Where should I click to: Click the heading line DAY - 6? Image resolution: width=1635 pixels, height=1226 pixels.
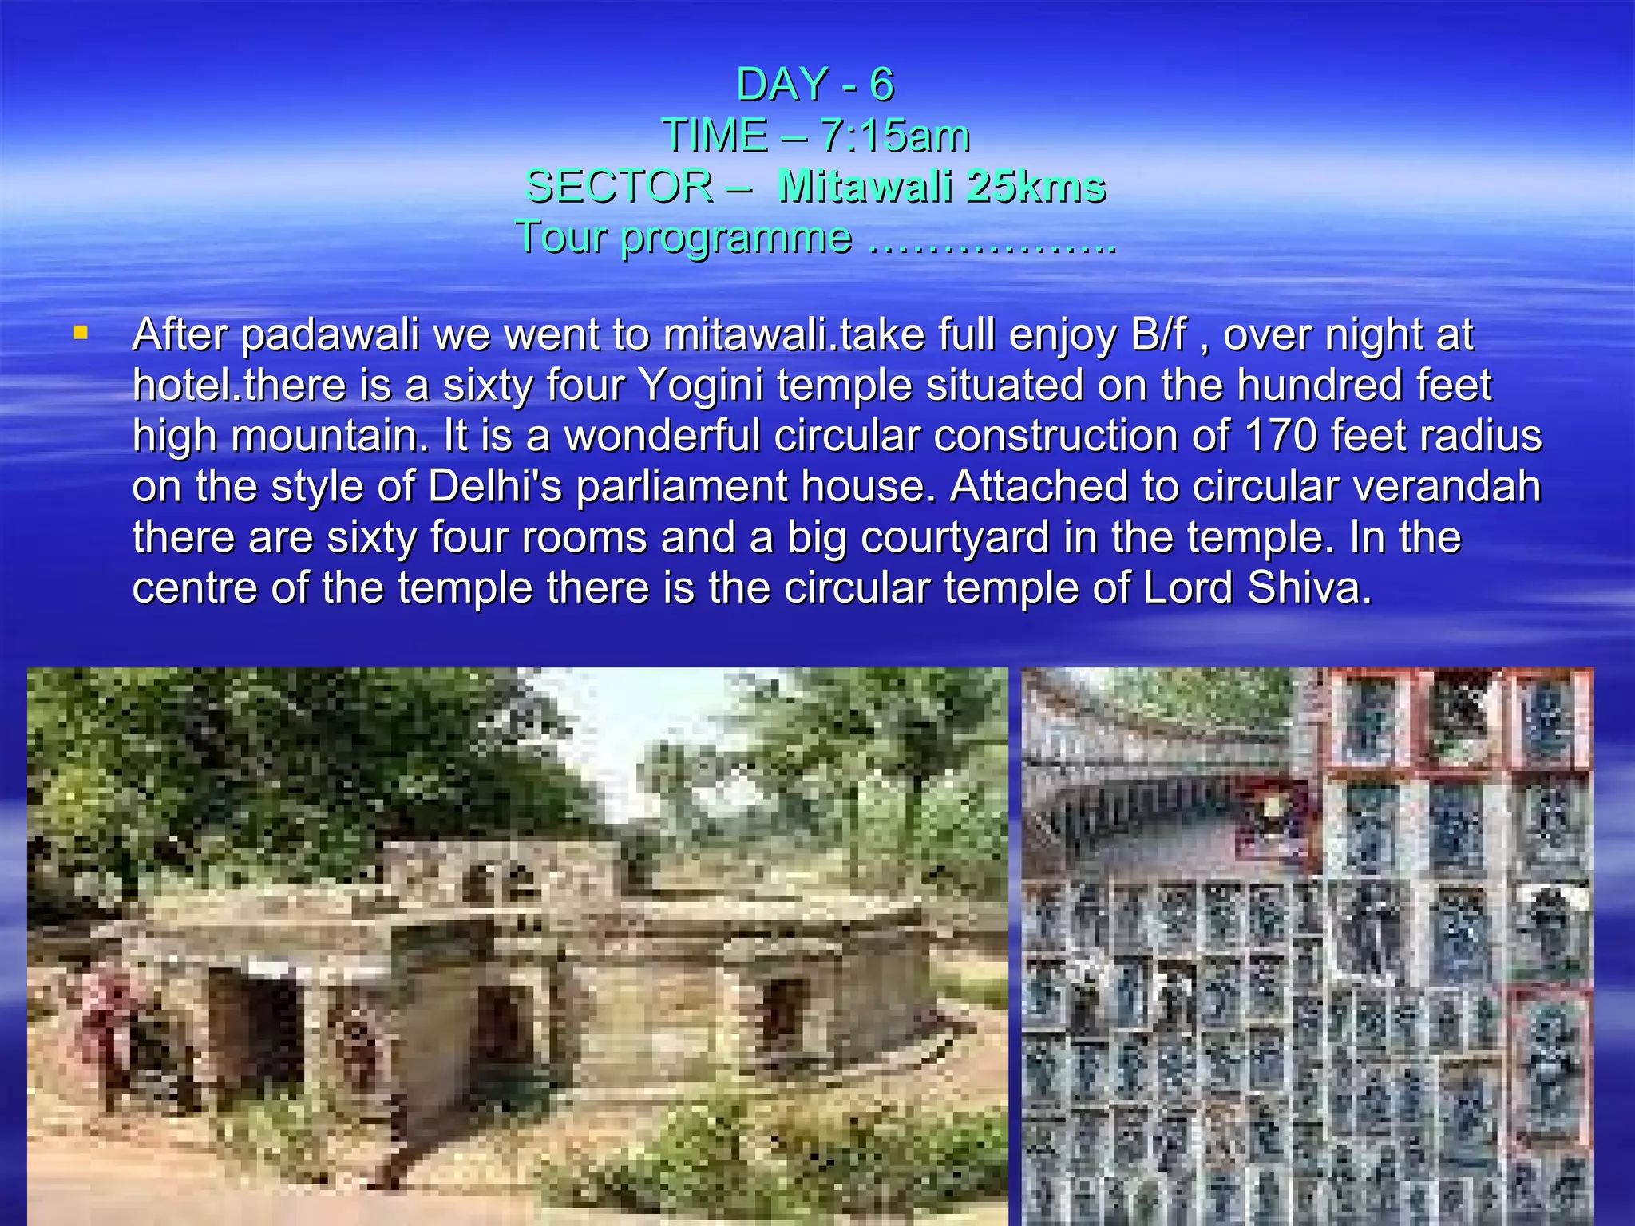point(815,85)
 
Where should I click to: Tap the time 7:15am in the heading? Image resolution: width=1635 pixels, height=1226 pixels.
point(894,136)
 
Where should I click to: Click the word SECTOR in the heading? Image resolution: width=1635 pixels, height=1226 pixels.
point(619,187)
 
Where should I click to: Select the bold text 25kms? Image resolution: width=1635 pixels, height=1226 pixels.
point(1035,187)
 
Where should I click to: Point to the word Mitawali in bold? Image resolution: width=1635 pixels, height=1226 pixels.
point(864,187)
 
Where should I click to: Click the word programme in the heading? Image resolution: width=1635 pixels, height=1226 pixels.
point(736,239)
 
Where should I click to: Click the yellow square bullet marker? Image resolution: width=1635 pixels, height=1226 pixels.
point(81,332)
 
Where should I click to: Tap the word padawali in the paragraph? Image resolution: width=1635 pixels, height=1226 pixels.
point(330,335)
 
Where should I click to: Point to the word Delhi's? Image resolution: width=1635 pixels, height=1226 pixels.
point(495,487)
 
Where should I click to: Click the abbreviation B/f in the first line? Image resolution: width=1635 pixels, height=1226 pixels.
point(1158,335)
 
